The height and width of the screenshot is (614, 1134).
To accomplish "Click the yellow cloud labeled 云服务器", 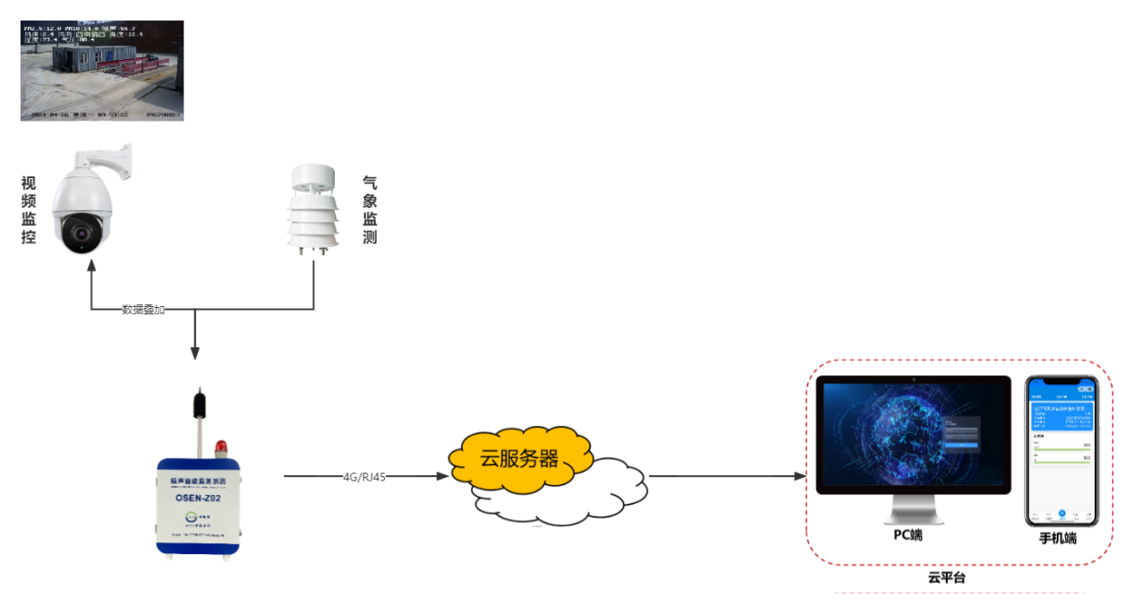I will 519,459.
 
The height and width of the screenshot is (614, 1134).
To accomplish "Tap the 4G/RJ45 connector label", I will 364,477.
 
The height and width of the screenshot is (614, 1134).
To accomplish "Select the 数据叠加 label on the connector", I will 143,310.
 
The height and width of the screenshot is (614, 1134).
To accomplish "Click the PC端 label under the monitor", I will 908,535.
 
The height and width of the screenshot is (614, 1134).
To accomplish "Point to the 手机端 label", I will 1058,539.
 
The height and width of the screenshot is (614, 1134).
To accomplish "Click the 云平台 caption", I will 946,578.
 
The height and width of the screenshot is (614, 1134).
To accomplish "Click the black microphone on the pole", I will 198,403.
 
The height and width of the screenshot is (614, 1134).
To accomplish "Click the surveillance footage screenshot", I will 102,71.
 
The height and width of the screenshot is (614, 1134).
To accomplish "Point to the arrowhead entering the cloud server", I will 442,477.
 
